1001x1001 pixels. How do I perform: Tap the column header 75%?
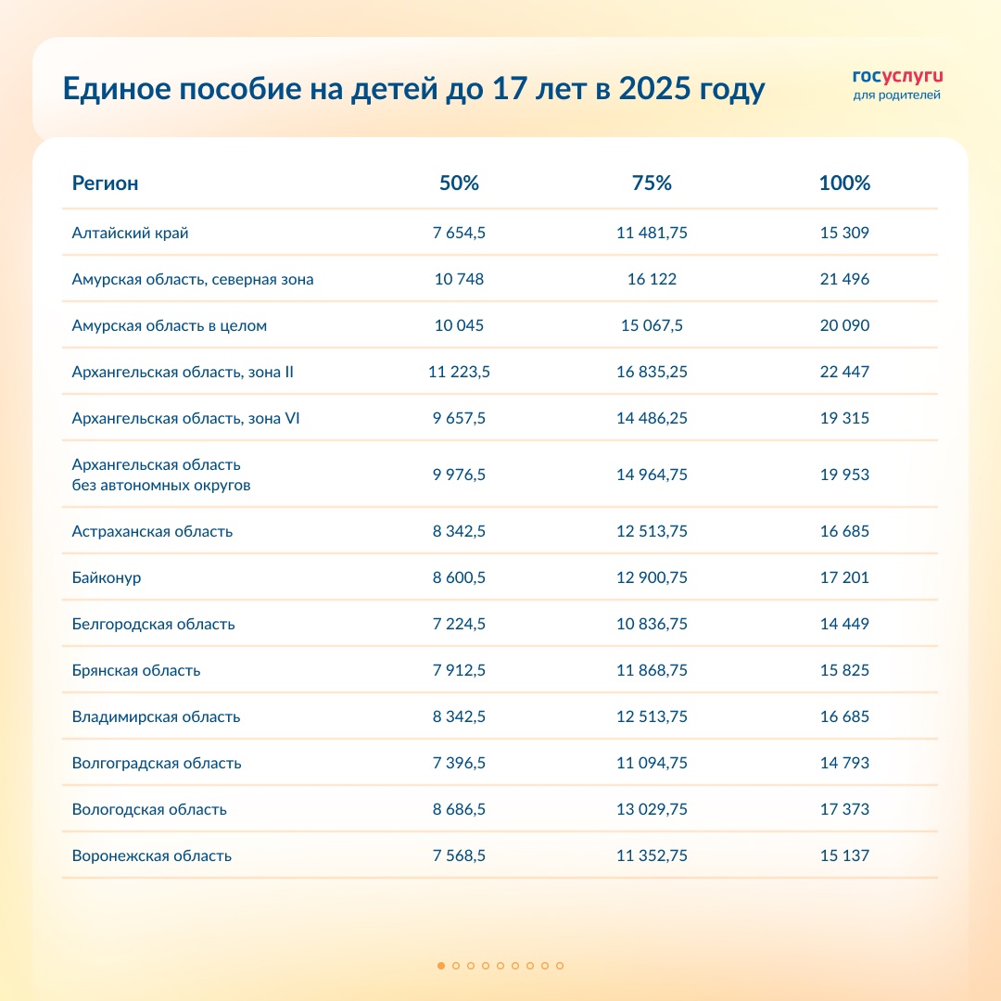[x=652, y=184]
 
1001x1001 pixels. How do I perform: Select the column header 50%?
[x=459, y=184]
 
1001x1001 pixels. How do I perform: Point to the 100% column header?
[x=844, y=184]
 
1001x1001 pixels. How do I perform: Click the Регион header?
[x=105, y=184]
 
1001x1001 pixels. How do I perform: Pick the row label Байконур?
[x=107, y=577]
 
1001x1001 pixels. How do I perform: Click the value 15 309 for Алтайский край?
[x=844, y=233]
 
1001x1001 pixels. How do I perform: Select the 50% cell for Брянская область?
[x=459, y=670]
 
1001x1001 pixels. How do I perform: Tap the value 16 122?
[x=652, y=279]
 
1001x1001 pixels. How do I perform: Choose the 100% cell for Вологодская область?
[x=844, y=809]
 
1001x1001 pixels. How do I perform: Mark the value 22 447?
[x=844, y=372]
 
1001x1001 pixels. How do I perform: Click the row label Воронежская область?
[x=152, y=855]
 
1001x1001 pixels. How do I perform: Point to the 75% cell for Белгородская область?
[x=652, y=624]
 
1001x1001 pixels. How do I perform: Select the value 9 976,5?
[x=459, y=475]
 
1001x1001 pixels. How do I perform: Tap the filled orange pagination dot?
[x=441, y=966]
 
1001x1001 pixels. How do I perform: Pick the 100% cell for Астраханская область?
[x=844, y=531]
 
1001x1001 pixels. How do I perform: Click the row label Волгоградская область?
[x=157, y=763]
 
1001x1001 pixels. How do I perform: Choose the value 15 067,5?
[x=652, y=325]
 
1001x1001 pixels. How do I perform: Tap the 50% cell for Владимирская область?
[x=459, y=716]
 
